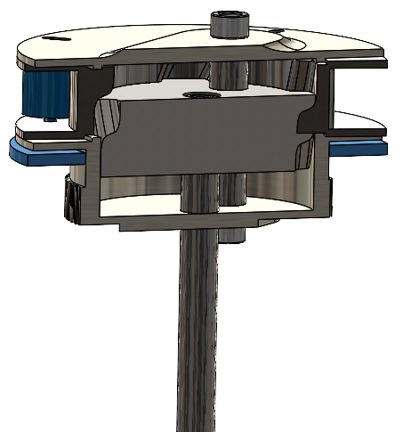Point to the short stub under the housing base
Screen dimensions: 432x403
pyautogui.click(x=234, y=234)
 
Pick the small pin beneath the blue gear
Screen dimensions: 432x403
pyautogui.click(x=46, y=118)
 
